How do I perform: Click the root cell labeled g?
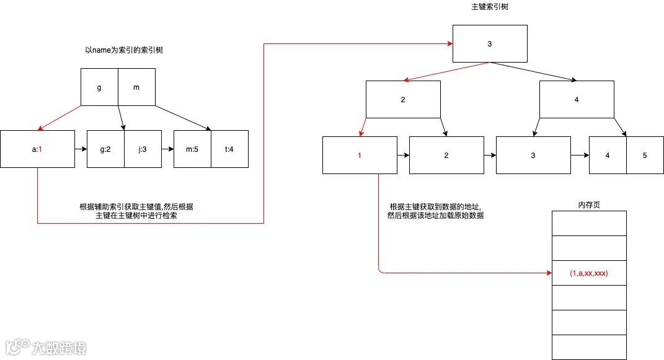(x=99, y=87)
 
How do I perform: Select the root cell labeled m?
(x=136, y=87)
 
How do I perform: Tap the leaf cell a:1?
(x=37, y=149)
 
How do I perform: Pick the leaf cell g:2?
(x=105, y=149)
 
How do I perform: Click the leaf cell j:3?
(x=143, y=149)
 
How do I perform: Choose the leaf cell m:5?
(x=192, y=149)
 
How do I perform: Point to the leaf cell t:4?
(x=229, y=149)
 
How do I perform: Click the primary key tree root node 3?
(x=490, y=43)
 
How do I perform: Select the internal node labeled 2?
(x=403, y=99)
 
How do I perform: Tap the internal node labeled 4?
(x=577, y=99)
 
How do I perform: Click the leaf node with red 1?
(x=360, y=155)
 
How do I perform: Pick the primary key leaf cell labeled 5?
(x=645, y=155)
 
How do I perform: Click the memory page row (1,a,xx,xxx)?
(x=589, y=273)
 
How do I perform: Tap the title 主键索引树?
(x=490, y=7)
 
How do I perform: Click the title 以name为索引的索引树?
(x=124, y=50)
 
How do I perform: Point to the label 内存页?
(x=588, y=204)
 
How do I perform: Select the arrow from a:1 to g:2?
(x=81, y=149)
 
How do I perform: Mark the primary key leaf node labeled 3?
(x=533, y=155)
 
